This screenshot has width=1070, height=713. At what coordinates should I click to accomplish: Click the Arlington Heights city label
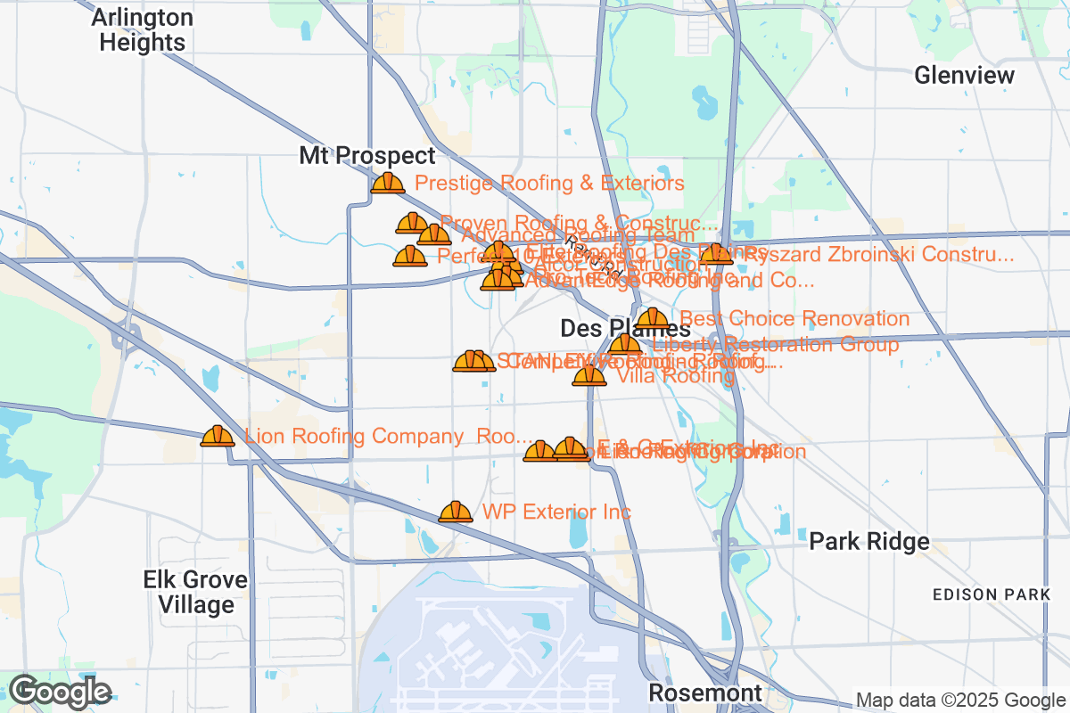[x=143, y=30]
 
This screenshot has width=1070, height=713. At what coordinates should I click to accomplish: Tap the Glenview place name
[x=964, y=75]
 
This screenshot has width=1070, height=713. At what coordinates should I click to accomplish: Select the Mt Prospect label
[x=367, y=156]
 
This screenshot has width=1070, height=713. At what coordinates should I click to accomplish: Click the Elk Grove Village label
[x=195, y=593]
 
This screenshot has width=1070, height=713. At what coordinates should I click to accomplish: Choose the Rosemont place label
[x=704, y=693]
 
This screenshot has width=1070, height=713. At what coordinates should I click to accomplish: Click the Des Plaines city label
[x=624, y=328]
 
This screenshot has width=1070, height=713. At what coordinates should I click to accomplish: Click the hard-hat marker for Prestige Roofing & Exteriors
[x=388, y=183]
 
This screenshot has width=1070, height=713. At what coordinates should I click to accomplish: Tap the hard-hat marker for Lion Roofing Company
[x=218, y=436]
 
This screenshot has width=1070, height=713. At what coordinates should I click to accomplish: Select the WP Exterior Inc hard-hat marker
[x=456, y=512]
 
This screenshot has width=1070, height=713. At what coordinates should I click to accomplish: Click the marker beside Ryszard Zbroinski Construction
[x=716, y=255]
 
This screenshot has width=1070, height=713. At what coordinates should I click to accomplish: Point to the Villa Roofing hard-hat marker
[x=589, y=375]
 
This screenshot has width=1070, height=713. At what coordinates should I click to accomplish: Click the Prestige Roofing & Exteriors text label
[x=549, y=184]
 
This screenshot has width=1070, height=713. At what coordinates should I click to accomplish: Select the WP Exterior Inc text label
[x=556, y=512]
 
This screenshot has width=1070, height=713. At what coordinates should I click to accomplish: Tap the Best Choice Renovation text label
[x=794, y=319]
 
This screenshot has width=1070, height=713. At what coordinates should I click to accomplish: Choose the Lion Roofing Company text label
[x=388, y=437]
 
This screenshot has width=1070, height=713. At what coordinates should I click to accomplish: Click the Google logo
[x=60, y=692]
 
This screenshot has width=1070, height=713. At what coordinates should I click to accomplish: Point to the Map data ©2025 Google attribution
[x=960, y=700]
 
